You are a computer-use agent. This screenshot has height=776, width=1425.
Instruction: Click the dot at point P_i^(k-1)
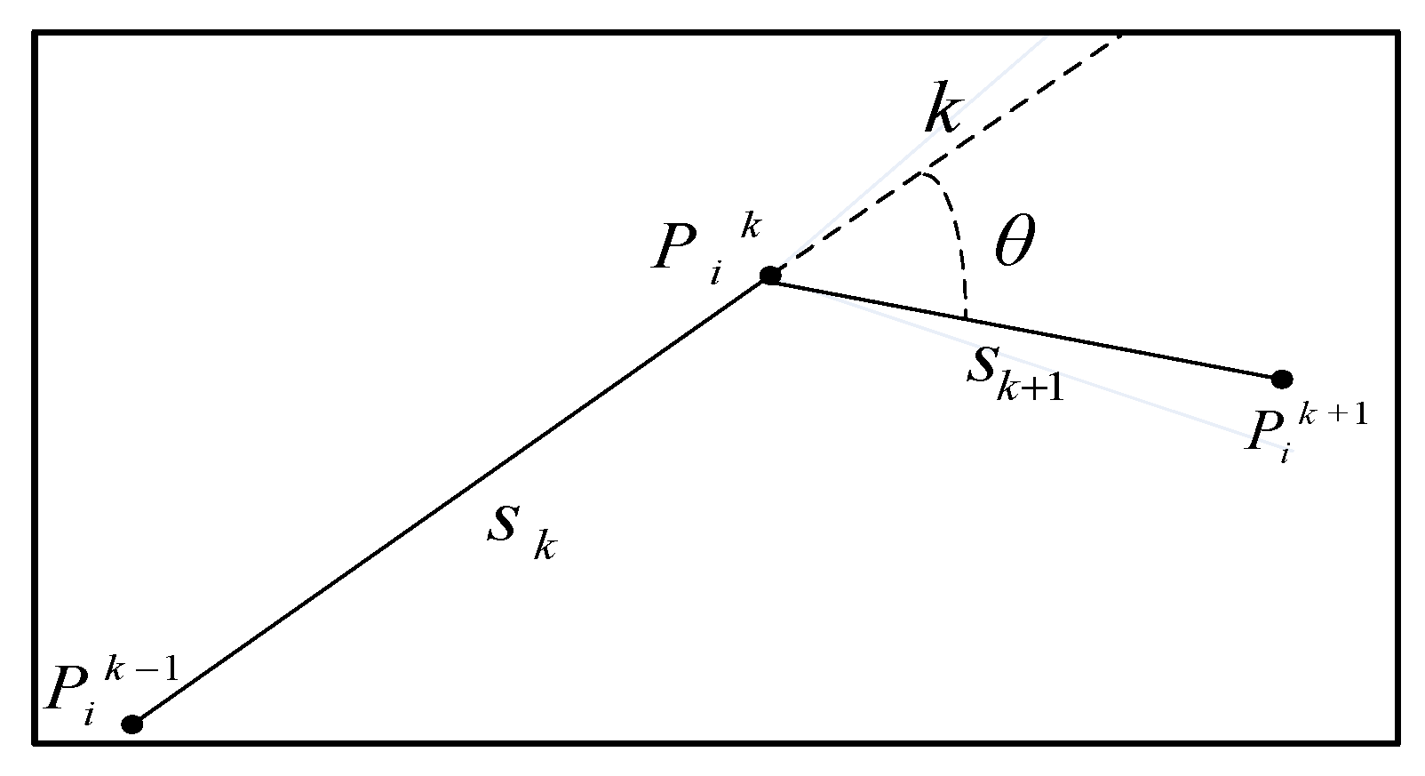[132, 724]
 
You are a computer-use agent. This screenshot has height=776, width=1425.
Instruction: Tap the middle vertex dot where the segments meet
[770, 276]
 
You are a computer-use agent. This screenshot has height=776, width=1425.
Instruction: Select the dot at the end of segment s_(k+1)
[1281, 380]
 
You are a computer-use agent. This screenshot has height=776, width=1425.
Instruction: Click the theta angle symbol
[1014, 243]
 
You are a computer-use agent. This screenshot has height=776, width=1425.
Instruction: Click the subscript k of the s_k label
[545, 546]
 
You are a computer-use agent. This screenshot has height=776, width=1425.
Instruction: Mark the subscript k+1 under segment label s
[1031, 388]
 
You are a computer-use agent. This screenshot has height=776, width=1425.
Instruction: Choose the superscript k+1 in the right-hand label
[1333, 415]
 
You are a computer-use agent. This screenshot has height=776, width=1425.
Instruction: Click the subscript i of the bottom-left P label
[89, 714]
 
